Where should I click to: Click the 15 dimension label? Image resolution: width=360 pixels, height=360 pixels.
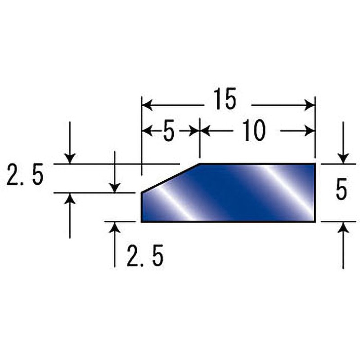tap(225, 99)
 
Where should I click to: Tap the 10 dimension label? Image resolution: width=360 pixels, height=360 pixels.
tap(254, 130)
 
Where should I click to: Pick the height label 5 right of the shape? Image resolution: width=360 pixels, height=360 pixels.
tap(341, 191)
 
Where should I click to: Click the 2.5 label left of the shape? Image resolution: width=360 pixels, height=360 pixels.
tap(25, 174)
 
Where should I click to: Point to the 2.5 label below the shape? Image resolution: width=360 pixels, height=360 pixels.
tap(145, 256)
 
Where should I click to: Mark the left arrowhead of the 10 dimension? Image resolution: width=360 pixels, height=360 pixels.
tap(205, 131)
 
